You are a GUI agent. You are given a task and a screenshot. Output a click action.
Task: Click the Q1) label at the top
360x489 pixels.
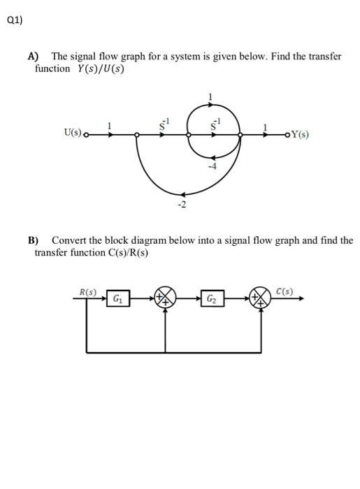pos(14,20)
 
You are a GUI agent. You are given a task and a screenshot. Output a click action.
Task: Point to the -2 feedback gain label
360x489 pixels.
pos(181,205)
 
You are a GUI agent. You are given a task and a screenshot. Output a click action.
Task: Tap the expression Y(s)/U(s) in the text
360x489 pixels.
pos(98,68)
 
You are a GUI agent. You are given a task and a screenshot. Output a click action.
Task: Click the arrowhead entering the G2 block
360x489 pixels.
pos(200,298)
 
